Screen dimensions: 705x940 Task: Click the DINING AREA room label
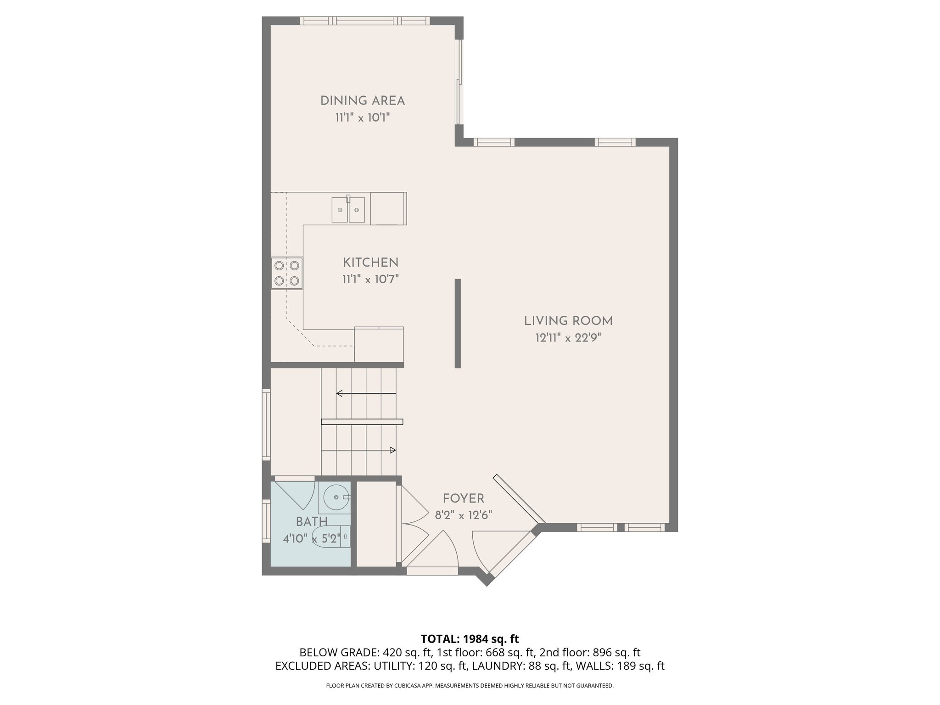(x=362, y=101)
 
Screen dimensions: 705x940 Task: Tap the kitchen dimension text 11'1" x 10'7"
(x=370, y=279)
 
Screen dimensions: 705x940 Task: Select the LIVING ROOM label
(x=568, y=321)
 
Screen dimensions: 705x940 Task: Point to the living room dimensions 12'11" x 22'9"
(x=568, y=338)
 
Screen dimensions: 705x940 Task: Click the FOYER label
(x=463, y=498)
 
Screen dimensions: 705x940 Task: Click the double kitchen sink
(x=348, y=210)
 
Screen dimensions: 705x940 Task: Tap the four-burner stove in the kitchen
(x=287, y=273)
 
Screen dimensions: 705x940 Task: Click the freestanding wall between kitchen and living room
(x=458, y=323)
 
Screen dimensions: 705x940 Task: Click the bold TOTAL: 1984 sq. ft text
(x=470, y=639)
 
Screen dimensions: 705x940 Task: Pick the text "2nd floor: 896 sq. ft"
(x=590, y=653)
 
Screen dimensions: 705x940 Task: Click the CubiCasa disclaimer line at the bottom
(x=470, y=686)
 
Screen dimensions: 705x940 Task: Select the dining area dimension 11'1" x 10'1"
(x=362, y=118)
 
